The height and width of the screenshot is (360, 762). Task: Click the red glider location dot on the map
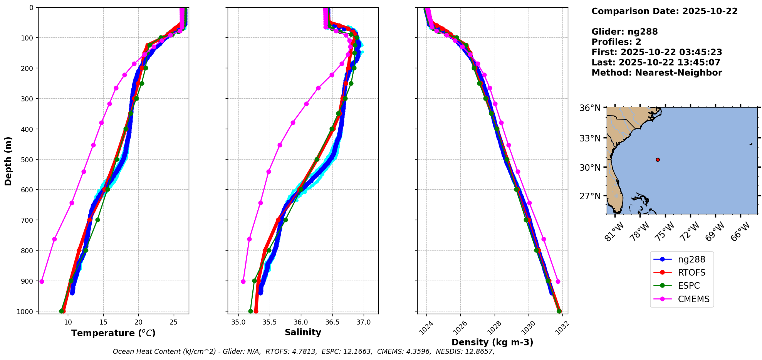click(658, 160)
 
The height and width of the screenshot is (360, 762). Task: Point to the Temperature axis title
click(113, 333)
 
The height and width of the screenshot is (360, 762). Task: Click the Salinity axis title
click(303, 332)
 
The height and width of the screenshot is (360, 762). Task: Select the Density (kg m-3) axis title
click(492, 342)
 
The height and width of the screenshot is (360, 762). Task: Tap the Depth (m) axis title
click(8, 161)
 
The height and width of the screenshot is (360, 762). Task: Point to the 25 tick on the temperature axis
click(174, 322)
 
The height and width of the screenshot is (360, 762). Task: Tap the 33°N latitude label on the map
click(590, 138)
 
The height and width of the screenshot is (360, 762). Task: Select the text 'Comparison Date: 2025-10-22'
click(665, 11)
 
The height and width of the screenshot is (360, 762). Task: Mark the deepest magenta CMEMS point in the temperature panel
click(42, 281)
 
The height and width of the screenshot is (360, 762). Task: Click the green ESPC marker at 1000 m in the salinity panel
click(250, 311)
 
